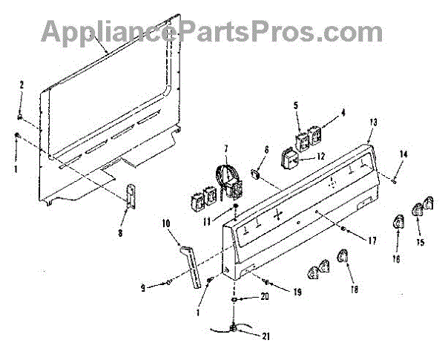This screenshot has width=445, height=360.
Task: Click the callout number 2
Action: tap(22, 85)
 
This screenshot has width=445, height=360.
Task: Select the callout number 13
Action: tap(373, 121)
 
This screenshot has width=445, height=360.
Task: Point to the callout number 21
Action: tap(265, 336)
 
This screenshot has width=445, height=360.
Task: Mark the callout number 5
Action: tap(297, 105)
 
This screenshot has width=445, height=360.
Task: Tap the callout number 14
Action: tap(403, 154)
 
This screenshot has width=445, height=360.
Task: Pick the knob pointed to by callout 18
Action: tap(343, 257)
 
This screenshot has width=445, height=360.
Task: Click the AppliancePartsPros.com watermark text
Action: tap(211, 31)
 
